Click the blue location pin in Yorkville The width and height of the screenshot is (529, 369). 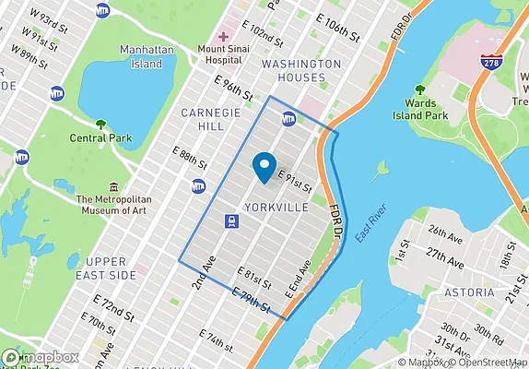coord(264,166)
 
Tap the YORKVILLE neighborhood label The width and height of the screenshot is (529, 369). coord(276,208)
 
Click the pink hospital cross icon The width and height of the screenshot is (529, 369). coord(223,36)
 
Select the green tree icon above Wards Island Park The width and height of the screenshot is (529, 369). coord(419,90)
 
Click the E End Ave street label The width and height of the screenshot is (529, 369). coord(299,278)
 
